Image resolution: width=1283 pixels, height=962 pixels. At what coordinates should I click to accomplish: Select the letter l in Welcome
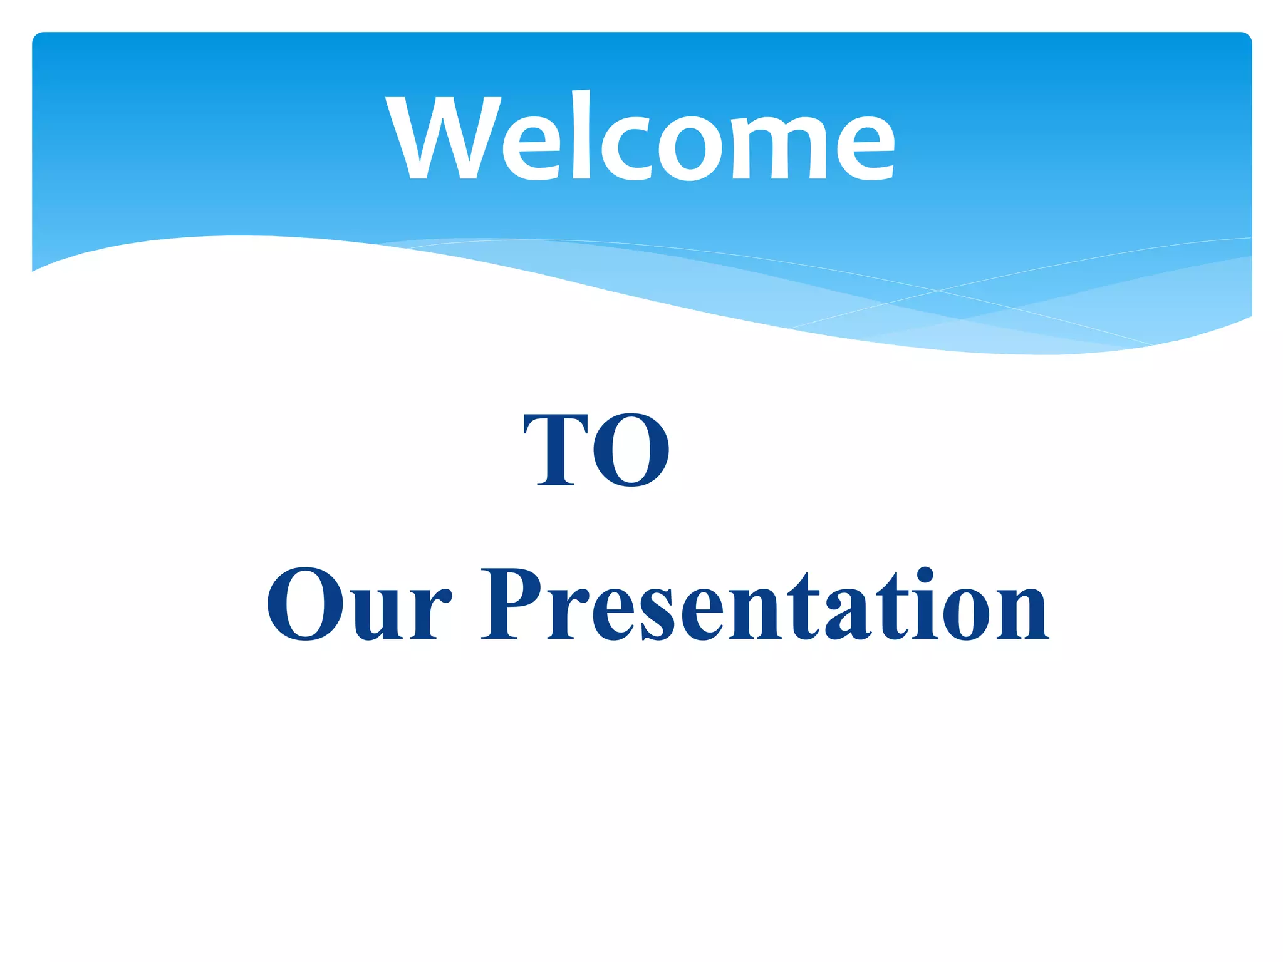pyautogui.click(x=581, y=135)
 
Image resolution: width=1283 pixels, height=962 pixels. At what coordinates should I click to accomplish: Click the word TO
pyautogui.click(x=596, y=450)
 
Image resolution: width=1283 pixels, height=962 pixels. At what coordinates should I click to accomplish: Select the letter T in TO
pyautogui.click(x=556, y=450)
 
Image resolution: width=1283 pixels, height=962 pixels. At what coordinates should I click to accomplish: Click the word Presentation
pyautogui.click(x=764, y=604)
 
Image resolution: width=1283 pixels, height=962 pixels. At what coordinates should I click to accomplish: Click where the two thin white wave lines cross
pyautogui.click(x=938, y=291)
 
